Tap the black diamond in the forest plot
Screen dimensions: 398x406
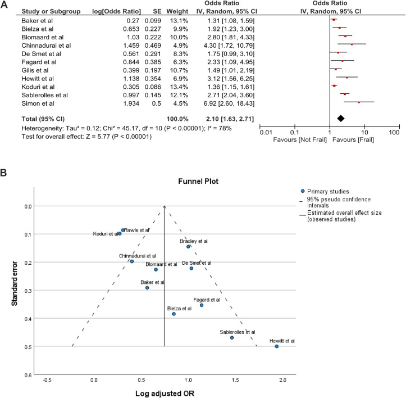(340, 119)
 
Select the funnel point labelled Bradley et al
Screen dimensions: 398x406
(189, 246)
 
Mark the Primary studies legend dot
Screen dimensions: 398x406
(304, 191)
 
